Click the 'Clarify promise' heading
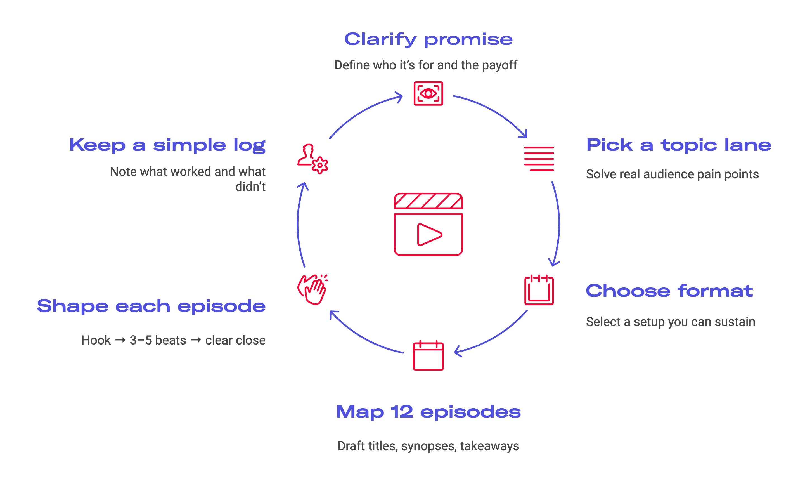pos(428,39)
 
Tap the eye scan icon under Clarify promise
pos(428,93)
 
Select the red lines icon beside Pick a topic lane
pos(539,159)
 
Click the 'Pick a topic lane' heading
pos(679,145)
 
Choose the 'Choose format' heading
pos(669,291)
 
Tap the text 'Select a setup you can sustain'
pos(670,322)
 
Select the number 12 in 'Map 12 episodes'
pos(401,412)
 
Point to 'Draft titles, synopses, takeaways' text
pos(428,446)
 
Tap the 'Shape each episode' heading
pos(151,306)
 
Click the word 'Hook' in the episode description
pos(96,340)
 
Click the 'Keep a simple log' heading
pos(167,145)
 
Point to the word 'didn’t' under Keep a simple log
pos(250,187)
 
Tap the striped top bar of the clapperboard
pos(428,201)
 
